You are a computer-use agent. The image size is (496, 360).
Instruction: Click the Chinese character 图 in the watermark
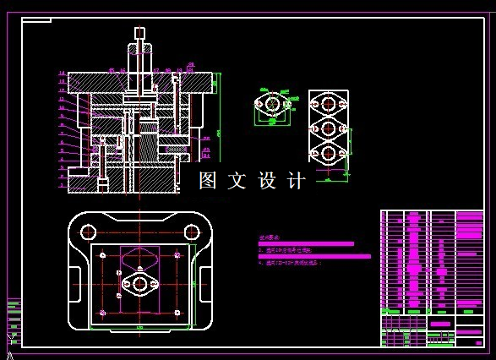(x=208, y=181)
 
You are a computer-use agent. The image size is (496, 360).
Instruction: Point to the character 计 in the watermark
(x=296, y=181)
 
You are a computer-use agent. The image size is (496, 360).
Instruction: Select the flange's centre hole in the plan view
(x=139, y=284)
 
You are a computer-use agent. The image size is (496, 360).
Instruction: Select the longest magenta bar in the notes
(x=314, y=256)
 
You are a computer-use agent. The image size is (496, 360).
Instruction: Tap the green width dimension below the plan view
(x=139, y=325)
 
